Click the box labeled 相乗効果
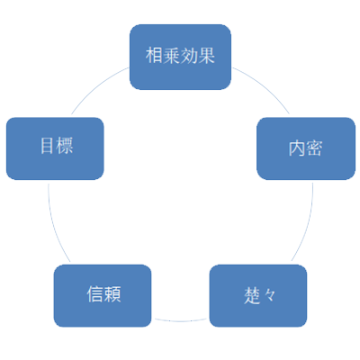tap(180, 57)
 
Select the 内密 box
tap(306, 148)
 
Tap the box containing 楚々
tap(258, 296)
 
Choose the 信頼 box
tap(103, 296)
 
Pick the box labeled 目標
tap(55, 148)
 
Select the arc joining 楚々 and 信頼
tap(180, 321)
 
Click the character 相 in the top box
tap(155, 56)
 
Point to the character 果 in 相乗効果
tap(206, 56)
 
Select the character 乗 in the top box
tap(172, 56)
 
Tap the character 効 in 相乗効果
tap(189, 56)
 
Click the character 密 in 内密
tap(314, 148)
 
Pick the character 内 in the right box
tap(297, 148)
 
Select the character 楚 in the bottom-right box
tap(252, 295)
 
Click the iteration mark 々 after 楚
tap(270, 296)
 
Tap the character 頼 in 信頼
tap(112, 294)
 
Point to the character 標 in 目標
tap(65, 146)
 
